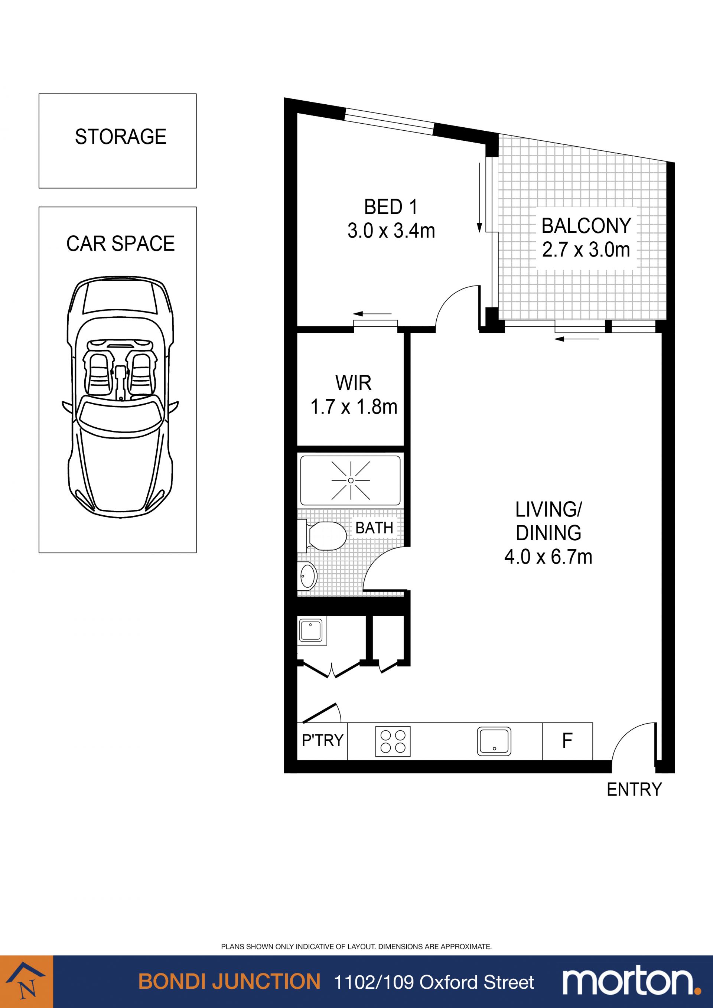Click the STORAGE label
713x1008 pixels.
pos(121,137)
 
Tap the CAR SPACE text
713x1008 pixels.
pos(121,244)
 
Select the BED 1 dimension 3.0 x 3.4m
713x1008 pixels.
pos(391,231)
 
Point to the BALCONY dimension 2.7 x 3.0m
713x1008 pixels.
pos(586,250)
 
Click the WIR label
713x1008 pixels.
pos(354,383)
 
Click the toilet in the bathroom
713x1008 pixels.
pos(322,535)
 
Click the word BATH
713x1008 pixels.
pos(374,528)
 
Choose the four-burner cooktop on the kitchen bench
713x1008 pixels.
pos(393,741)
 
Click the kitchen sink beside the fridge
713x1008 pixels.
pos(494,741)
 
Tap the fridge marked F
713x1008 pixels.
pos(567,741)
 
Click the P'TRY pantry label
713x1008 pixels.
pos(322,741)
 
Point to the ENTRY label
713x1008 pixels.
pos(634,790)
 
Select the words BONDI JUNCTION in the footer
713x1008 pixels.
pos(229,981)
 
